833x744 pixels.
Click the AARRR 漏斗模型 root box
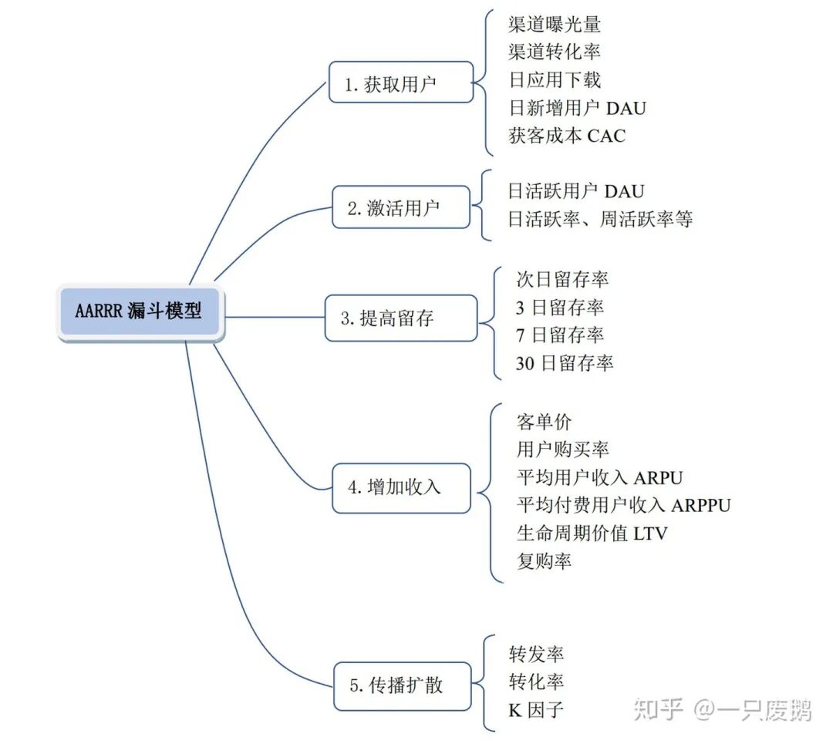pyautogui.click(x=140, y=312)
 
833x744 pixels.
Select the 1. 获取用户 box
pyautogui.click(x=400, y=82)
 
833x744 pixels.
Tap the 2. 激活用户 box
pyautogui.click(x=400, y=207)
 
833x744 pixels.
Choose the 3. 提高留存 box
pyautogui.click(x=400, y=318)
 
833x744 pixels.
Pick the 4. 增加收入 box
pyautogui.click(x=400, y=487)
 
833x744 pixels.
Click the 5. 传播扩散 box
pyautogui.click(x=400, y=685)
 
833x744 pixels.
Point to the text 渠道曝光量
pyautogui.click(x=555, y=24)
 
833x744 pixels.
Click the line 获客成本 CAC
pyautogui.click(x=567, y=136)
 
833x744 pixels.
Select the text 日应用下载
pyautogui.click(x=555, y=79)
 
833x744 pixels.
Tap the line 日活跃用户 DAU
pyautogui.click(x=575, y=191)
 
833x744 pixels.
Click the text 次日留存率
pyautogui.click(x=562, y=279)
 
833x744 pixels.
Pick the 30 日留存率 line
pyautogui.click(x=565, y=363)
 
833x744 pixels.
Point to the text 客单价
pyautogui.click(x=545, y=422)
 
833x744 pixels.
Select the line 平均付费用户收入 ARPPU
pyautogui.click(x=623, y=505)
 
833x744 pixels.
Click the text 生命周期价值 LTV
pyautogui.click(x=592, y=533)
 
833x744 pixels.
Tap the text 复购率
pyautogui.click(x=545, y=561)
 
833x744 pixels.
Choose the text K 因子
pyautogui.click(x=536, y=709)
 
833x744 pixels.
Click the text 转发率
pyautogui.click(x=536, y=654)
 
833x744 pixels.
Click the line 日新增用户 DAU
pyautogui.click(x=577, y=108)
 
